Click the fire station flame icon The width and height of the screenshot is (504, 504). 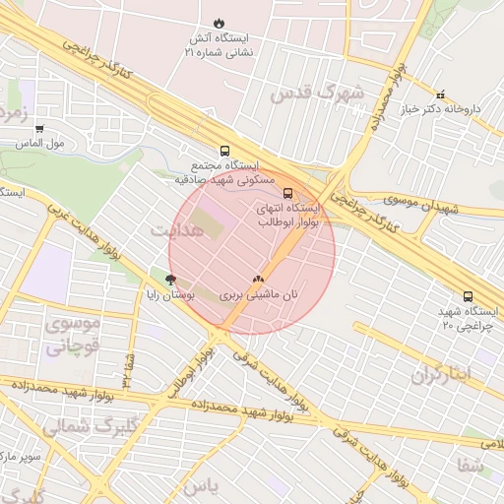219,23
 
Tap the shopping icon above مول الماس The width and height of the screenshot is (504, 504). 39,128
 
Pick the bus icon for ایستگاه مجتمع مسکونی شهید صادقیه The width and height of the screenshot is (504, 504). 225,152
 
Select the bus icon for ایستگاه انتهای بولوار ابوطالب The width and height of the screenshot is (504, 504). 288,194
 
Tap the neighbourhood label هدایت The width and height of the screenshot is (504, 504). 176,229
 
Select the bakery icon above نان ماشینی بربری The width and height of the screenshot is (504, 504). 259,280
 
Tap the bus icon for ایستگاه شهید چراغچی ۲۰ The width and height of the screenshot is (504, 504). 468,296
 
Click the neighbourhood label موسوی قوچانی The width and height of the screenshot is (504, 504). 72,335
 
